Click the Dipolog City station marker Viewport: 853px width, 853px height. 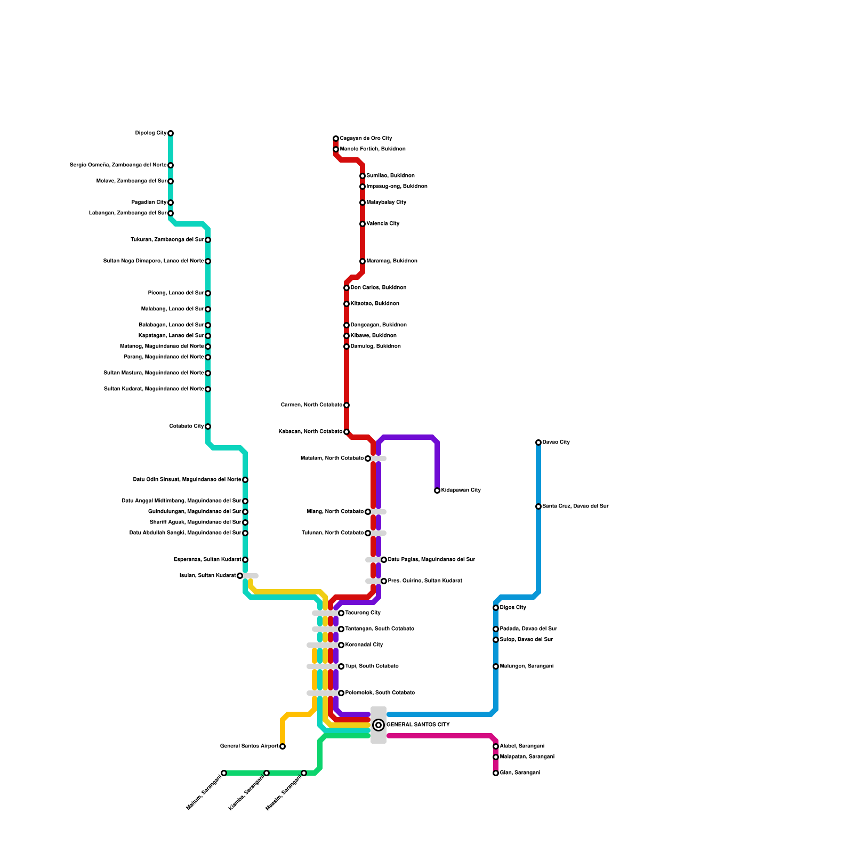171,133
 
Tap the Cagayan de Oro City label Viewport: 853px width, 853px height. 366,139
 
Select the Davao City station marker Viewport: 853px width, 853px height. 538,442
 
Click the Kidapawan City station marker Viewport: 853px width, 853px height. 437,490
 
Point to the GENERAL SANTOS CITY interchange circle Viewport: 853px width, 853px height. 379,725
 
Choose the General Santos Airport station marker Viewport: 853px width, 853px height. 283,746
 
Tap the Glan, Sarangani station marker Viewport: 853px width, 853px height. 496,773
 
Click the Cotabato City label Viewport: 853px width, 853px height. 187,426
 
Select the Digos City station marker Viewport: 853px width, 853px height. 496,608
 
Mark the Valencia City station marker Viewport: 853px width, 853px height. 363,224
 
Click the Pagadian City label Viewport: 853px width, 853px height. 149,203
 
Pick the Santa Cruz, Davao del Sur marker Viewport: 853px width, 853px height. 538,506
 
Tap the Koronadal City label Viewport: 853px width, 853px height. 364,645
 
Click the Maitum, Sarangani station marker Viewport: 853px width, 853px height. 224,773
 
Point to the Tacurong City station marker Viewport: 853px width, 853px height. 341,613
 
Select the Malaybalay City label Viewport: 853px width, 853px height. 387,203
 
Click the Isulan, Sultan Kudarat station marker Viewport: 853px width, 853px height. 240,576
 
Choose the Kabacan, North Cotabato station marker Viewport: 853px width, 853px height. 347,432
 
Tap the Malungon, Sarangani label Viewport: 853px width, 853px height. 527,666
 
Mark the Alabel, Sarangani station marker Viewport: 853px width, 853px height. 496,746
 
